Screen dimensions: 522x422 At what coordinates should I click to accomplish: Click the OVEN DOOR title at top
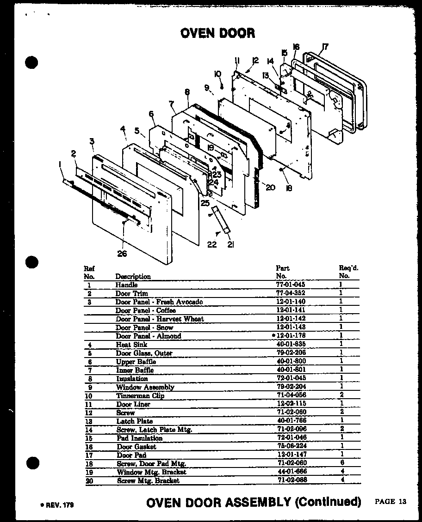(x=217, y=33)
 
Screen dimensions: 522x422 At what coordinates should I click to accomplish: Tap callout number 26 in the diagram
(x=122, y=253)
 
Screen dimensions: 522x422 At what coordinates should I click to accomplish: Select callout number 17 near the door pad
(x=326, y=46)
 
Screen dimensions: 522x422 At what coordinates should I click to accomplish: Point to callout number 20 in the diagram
(x=271, y=187)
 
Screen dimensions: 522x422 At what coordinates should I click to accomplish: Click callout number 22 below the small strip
(x=212, y=244)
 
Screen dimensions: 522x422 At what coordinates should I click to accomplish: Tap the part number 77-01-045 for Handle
(x=290, y=285)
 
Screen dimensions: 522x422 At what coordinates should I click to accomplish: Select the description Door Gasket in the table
(x=136, y=447)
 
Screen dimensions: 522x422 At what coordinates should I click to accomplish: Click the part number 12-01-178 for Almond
(x=292, y=336)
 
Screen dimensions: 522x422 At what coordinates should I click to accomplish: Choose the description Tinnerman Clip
(x=140, y=396)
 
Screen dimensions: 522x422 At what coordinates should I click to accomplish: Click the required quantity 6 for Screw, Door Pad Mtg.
(x=341, y=463)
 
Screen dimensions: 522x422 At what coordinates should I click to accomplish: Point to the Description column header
(x=133, y=276)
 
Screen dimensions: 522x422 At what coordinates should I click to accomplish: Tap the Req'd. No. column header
(x=348, y=272)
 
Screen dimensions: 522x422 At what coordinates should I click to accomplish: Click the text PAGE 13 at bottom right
(x=391, y=501)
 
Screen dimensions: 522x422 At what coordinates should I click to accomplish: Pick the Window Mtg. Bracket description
(x=151, y=472)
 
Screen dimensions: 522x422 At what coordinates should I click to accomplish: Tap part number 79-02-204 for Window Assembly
(x=290, y=387)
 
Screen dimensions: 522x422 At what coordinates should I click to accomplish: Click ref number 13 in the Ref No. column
(x=89, y=421)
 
